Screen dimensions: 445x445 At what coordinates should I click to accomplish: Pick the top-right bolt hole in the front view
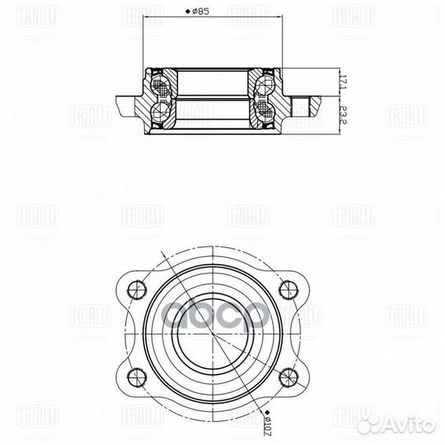[286, 289]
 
